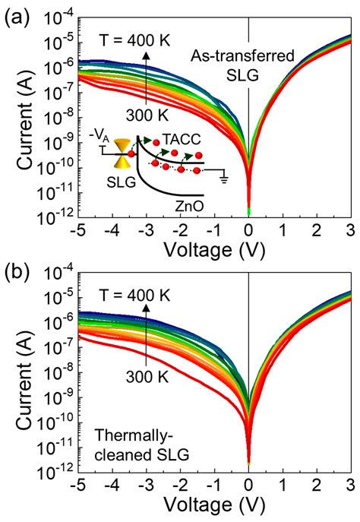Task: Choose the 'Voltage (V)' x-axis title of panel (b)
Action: (214, 512)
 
